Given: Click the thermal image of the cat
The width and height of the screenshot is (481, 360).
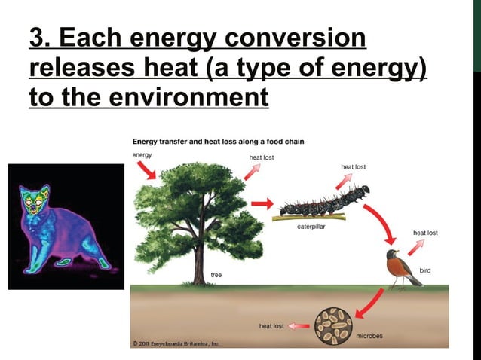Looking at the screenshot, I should pos(66,226).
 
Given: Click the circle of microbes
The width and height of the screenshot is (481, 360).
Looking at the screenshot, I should pos(333,325).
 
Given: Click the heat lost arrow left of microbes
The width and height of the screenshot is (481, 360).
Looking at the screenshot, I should pos(299,326).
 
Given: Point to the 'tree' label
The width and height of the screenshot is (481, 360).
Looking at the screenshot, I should pos(216,276).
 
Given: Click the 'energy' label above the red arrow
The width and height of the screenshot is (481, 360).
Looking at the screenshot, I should pos(142,154).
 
